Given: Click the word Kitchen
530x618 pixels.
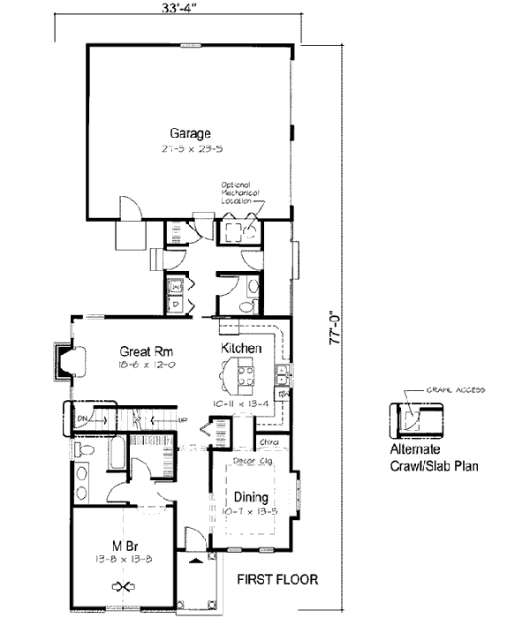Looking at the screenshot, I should pyautogui.click(x=241, y=349).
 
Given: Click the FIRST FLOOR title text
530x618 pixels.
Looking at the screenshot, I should pyautogui.click(x=276, y=580).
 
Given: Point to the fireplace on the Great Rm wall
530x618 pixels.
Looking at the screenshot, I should pyautogui.click(x=70, y=362).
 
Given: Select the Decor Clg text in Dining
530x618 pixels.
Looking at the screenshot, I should pyautogui.click(x=250, y=460).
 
